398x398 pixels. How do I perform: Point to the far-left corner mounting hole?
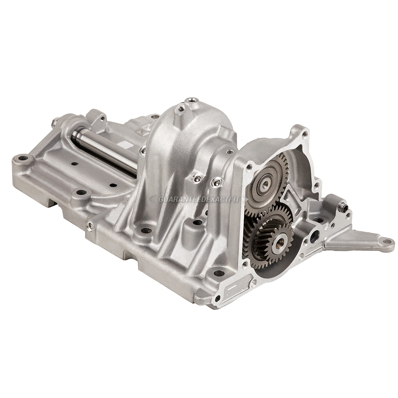23,160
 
